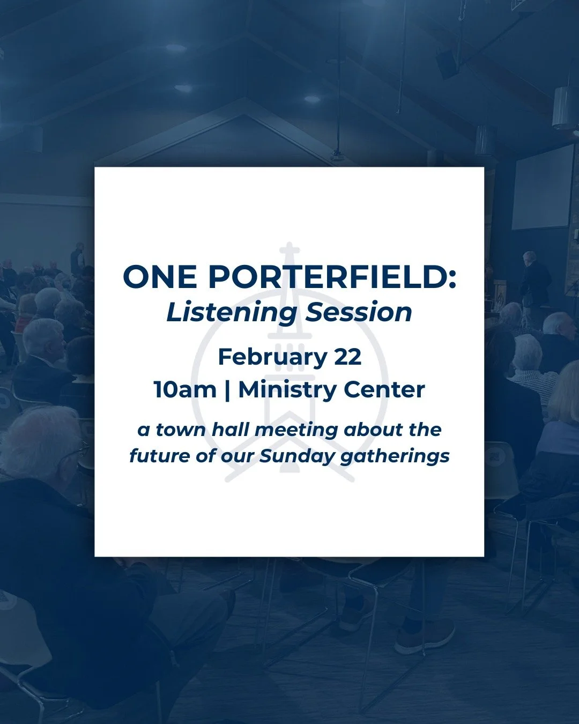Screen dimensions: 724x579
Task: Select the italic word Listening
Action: [232, 312]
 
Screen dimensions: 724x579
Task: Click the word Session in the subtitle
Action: [359, 312]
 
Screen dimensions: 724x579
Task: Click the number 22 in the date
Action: [347, 357]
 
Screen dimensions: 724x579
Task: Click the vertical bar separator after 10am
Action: [227, 390]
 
